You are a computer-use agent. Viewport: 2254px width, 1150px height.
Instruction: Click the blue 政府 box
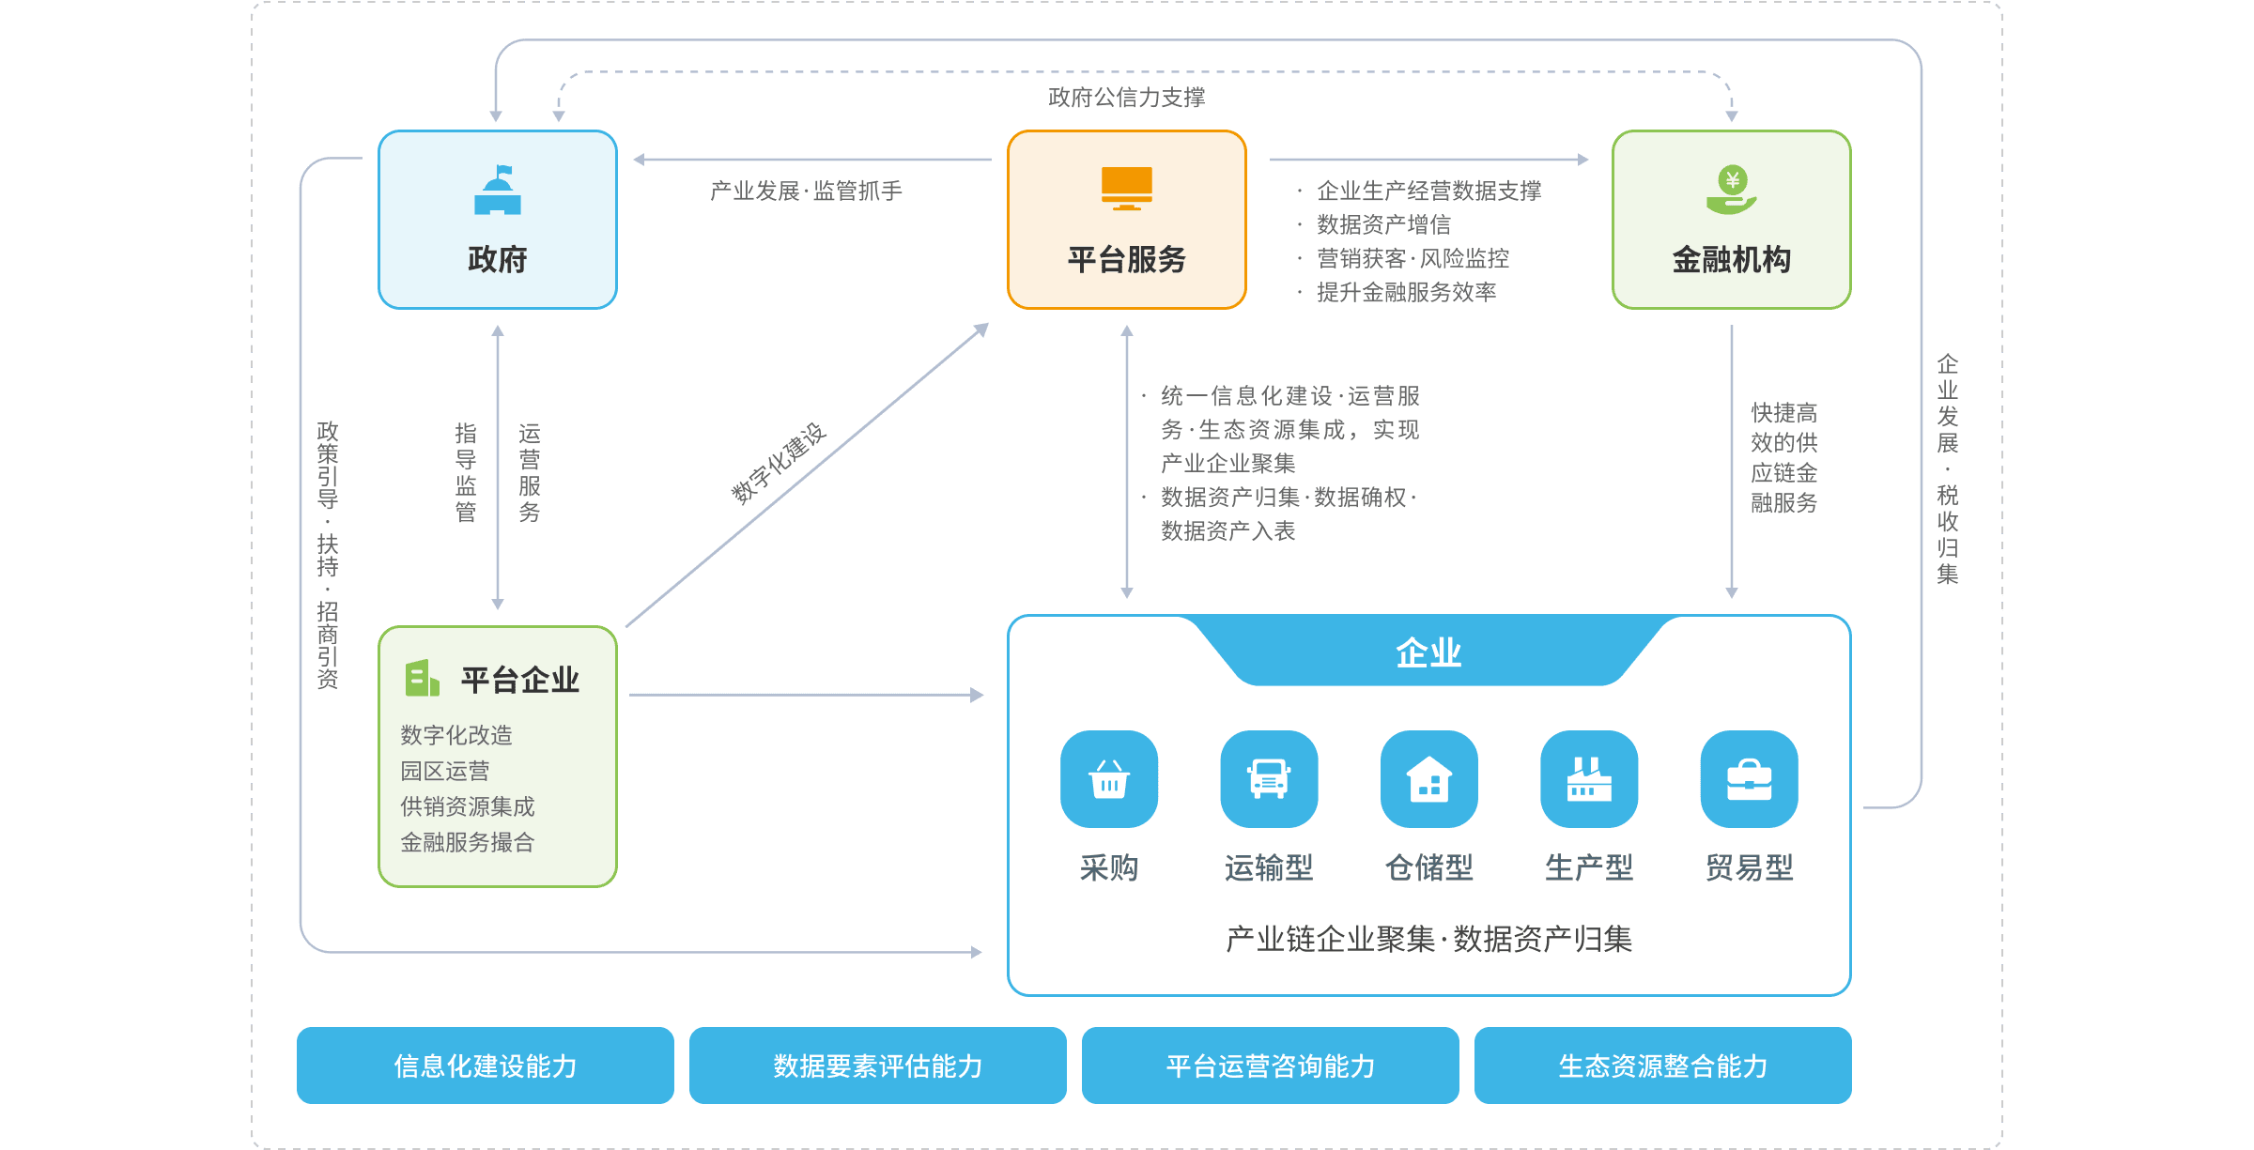pos(497,220)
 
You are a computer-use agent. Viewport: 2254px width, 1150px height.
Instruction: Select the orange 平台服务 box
pos(1126,220)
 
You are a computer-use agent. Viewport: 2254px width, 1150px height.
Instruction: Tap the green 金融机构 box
pos(1731,220)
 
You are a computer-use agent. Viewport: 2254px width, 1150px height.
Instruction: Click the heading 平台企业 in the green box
pos(519,680)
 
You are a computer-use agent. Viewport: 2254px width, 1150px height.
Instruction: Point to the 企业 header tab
pos(1428,652)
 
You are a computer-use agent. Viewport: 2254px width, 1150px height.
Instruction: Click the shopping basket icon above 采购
pos(1109,779)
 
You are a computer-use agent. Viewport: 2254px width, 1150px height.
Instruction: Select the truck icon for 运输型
pos(1269,779)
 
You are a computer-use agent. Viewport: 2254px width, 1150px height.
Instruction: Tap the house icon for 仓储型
pos(1428,779)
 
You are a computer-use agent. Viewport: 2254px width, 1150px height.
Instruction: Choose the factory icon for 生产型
pos(1589,779)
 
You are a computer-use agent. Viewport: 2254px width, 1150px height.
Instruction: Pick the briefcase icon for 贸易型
pos(1749,779)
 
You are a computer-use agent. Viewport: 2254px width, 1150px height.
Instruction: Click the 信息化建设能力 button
pos(485,1066)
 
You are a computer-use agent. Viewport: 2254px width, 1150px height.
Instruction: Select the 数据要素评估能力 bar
pos(877,1066)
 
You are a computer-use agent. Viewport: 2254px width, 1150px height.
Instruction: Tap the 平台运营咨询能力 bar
pos(1270,1066)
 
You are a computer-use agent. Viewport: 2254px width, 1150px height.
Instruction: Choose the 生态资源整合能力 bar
pos(1662,1066)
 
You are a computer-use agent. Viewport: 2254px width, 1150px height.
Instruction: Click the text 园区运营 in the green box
pos(444,771)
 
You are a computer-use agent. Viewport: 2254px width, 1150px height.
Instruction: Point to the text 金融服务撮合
pos(467,842)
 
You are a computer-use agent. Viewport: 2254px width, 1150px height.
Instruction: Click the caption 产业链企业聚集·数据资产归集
pos(1428,939)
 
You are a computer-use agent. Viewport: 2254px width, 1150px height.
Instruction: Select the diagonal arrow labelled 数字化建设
pos(808,475)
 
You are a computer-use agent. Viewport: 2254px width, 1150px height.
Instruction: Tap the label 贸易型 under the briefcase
pos(1749,867)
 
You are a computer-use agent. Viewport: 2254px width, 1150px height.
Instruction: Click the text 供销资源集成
pos(467,806)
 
